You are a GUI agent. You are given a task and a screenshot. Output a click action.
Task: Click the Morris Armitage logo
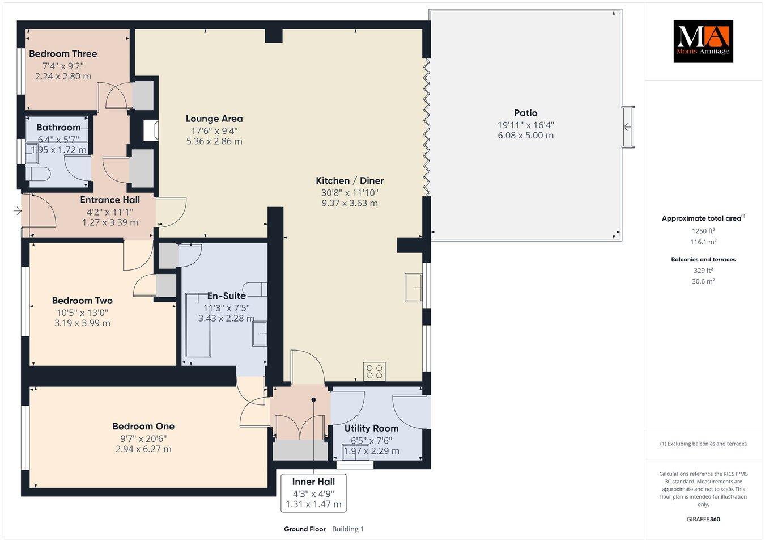[703, 41]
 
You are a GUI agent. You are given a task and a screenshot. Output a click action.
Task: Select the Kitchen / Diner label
[350, 181]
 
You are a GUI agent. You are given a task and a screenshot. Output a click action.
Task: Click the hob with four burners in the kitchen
[374, 372]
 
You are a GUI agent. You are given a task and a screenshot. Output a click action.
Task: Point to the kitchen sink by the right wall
[413, 288]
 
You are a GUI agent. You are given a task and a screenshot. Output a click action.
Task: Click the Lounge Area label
[214, 119]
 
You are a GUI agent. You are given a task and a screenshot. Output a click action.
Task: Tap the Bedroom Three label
[63, 54]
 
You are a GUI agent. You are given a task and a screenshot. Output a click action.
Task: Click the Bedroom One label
[143, 427]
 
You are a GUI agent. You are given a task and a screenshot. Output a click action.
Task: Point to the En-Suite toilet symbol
[254, 288]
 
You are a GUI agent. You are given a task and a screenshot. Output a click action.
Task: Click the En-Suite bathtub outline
[197, 324]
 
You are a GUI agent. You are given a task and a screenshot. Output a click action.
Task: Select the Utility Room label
[371, 428]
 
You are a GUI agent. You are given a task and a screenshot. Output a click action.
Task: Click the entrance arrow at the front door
[17, 211]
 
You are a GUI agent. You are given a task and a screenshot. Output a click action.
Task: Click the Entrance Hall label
[110, 200]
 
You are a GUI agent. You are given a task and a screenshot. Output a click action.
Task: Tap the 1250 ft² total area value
[703, 231]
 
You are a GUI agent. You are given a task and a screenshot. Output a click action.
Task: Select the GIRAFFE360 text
[703, 519]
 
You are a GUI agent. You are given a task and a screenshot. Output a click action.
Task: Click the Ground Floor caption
[304, 529]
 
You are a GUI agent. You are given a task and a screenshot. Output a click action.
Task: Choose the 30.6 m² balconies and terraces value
[703, 281]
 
